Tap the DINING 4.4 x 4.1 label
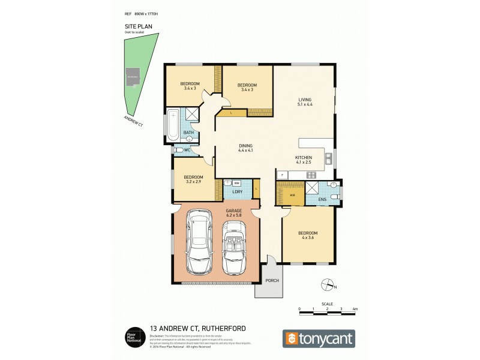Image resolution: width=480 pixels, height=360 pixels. pyautogui.click(x=245, y=148)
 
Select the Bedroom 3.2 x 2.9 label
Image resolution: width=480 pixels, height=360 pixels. pyautogui.click(x=193, y=179)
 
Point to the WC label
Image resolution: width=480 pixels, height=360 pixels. pyautogui.click(x=187, y=150)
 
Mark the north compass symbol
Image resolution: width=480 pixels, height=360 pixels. pyautogui.click(x=327, y=284)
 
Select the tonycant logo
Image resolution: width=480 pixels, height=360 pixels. pyautogui.click(x=319, y=338)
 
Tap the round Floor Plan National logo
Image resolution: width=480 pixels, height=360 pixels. pyautogui.click(x=132, y=337)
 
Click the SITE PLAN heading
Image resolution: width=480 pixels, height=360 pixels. pyautogui.click(x=135, y=27)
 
